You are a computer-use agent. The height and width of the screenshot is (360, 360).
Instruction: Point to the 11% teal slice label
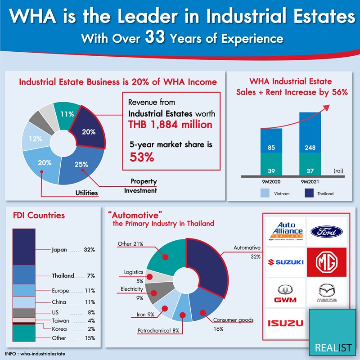(67, 114)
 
